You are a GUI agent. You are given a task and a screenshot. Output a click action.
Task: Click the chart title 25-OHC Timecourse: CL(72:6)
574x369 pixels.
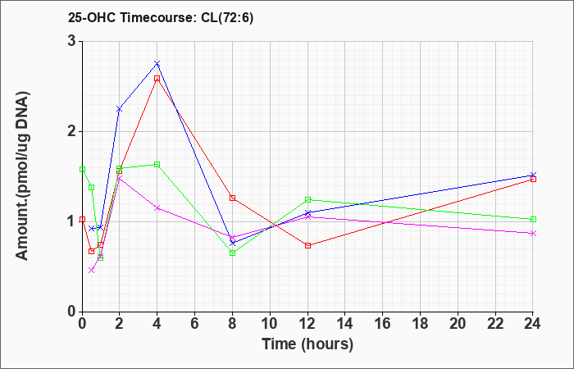pos(161,18)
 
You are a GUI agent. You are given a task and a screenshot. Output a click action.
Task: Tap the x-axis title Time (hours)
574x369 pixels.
pos(307,344)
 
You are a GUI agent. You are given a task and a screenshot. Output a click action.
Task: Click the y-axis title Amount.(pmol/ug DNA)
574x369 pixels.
pos(23,176)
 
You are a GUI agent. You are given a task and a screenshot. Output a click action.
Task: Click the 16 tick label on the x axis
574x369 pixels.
pos(383,324)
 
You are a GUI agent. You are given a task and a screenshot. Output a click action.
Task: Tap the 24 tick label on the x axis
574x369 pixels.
pos(533,324)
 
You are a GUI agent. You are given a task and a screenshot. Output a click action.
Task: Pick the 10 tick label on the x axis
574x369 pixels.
pos(270,324)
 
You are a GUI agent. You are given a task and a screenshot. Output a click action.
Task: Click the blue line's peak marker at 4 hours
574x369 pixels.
pos(157,64)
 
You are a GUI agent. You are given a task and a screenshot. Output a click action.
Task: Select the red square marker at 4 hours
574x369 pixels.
pos(157,79)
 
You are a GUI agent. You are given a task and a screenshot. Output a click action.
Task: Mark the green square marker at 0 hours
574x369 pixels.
pos(82,170)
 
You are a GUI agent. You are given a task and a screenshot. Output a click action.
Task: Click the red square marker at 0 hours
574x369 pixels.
pos(82,220)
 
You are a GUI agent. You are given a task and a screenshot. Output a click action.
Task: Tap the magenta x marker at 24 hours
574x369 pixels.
pos(533,233)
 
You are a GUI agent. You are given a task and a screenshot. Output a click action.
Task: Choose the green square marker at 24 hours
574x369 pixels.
pos(533,220)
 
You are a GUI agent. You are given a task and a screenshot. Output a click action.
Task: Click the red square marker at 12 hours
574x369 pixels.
pos(307,246)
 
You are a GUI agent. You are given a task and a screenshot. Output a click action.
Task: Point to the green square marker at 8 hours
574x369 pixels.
pos(232,253)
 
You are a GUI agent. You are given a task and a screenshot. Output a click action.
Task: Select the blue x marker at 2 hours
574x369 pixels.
pos(119,109)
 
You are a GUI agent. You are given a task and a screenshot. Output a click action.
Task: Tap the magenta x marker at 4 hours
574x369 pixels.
pos(157,208)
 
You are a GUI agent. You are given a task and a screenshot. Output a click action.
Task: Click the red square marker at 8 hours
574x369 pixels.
pos(232,198)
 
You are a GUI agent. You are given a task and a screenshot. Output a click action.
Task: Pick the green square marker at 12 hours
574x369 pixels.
pos(307,200)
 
